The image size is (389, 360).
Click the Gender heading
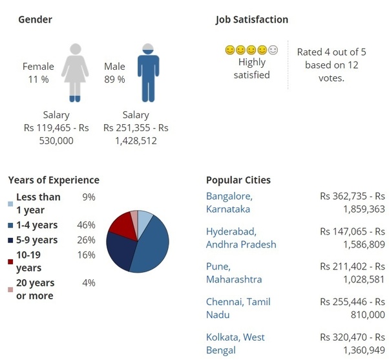click(35, 19)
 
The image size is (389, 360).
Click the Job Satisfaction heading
click(252, 19)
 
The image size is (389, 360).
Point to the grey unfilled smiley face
click(273, 50)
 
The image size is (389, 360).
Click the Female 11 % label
click(38, 73)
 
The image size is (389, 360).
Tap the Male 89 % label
click(114, 73)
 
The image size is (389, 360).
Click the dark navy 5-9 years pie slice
click(121, 250)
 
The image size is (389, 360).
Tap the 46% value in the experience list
click(89, 225)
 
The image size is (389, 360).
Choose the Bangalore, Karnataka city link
click(229, 202)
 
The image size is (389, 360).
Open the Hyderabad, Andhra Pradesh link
click(240, 238)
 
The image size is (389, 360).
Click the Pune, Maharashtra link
click(233, 273)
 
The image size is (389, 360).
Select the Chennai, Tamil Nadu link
click(238, 308)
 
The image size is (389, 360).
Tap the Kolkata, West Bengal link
click(235, 343)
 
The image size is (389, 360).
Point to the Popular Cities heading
click(238, 180)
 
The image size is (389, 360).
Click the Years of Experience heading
click(54, 180)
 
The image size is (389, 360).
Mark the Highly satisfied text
click(252, 69)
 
